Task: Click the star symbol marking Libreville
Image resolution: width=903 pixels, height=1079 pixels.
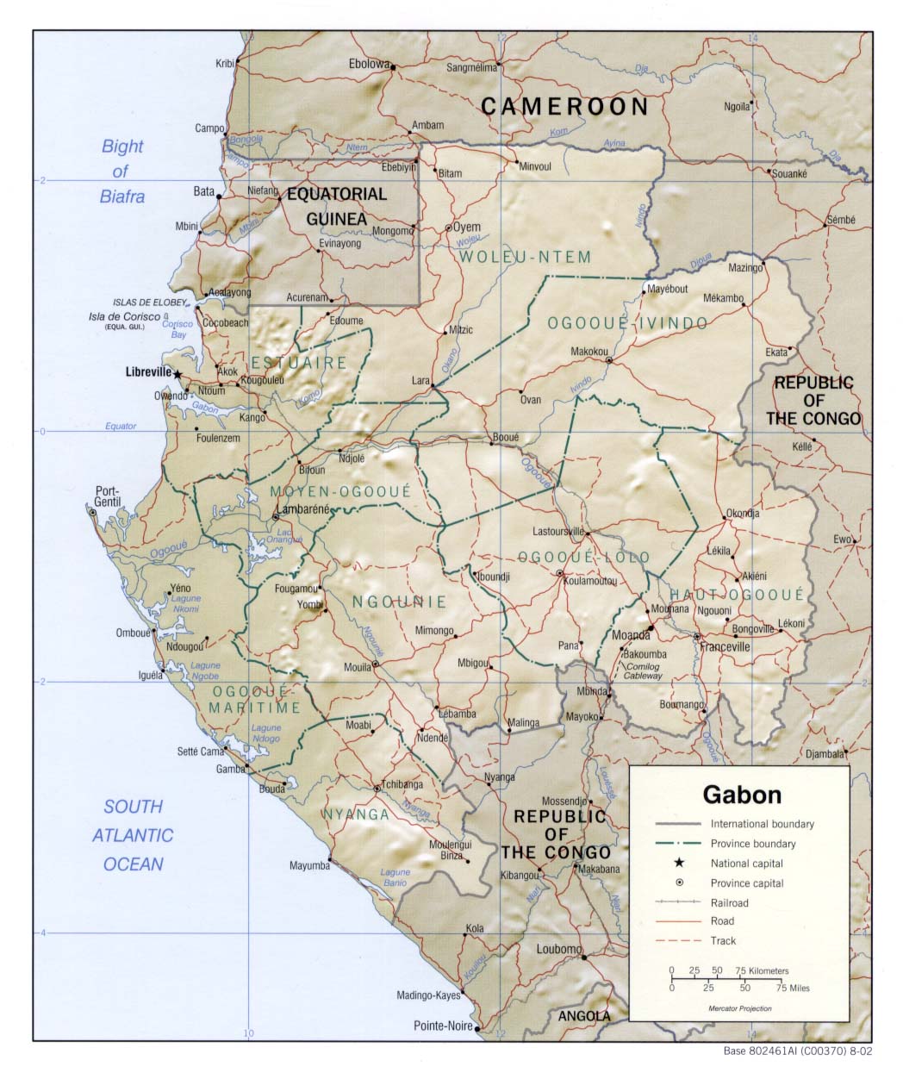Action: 177,374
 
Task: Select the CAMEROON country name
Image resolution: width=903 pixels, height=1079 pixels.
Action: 564,107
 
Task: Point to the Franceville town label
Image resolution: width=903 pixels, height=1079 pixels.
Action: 725,647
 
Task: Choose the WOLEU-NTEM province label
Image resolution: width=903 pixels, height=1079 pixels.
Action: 525,257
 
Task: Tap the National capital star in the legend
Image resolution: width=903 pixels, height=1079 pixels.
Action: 680,864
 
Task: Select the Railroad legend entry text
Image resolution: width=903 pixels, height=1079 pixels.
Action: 729,902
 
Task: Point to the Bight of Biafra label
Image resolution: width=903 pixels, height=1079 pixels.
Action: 122,172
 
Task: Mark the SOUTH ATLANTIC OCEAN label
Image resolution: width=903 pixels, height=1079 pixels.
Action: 133,835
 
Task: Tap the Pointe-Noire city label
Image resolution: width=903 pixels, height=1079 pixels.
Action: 443,1026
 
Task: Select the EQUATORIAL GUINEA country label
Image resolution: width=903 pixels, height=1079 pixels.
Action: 337,207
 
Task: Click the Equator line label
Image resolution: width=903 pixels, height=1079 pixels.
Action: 121,426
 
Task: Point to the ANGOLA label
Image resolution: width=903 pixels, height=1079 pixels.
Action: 583,1016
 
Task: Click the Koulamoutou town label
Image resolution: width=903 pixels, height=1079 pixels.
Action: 590,581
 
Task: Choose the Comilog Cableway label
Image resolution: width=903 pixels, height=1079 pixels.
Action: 643,671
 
